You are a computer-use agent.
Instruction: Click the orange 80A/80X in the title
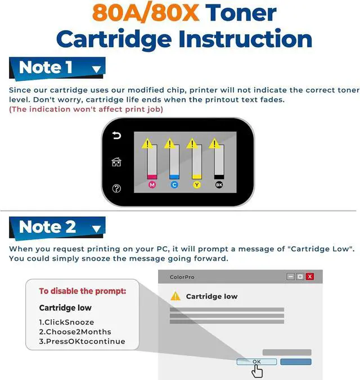point(146,13)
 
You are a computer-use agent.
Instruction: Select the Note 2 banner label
point(57,227)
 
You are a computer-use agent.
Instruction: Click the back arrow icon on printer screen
point(116,135)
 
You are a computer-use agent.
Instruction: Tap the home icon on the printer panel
point(116,162)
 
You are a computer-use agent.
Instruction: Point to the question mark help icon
point(116,188)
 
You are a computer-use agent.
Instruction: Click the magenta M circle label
point(152,185)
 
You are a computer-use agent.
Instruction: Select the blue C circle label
point(174,185)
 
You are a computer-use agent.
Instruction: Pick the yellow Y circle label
point(197,185)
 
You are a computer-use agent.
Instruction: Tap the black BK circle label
point(219,185)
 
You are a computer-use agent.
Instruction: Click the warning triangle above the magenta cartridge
point(147,143)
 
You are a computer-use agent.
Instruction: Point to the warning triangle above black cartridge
point(214,143)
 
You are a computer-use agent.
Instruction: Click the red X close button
point(310,277)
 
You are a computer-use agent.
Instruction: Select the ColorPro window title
point(182,277)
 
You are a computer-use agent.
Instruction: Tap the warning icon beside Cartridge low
point(175,296)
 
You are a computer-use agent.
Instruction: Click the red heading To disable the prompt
point(83,291)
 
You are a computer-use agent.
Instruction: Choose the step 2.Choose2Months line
point(75,332)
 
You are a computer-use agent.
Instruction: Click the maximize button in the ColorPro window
point(300,277)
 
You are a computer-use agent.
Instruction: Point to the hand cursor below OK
point(257,371)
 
